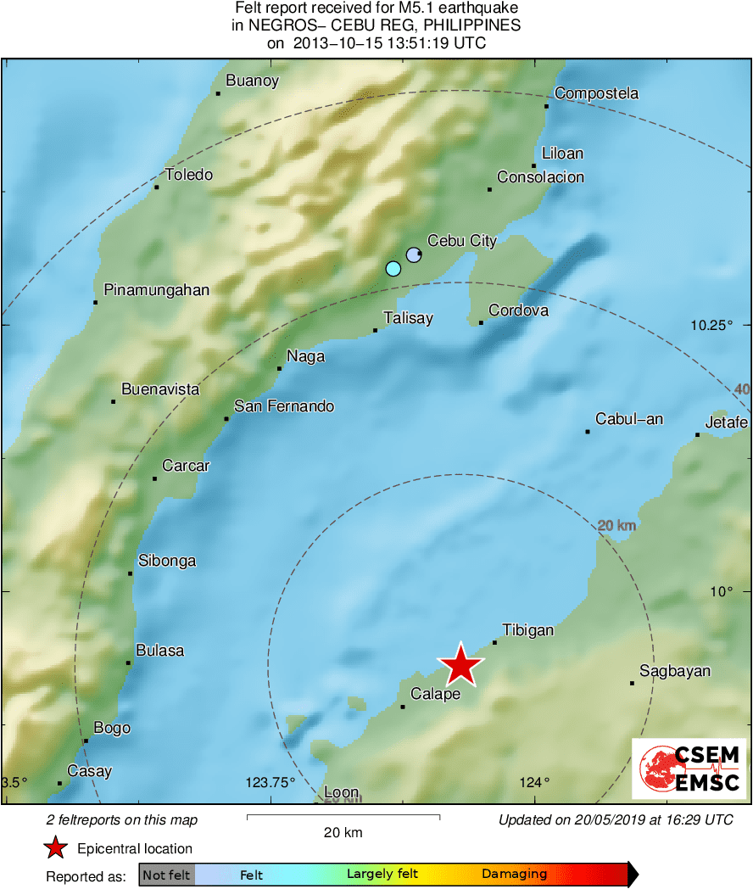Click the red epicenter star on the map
[x=460, y=665]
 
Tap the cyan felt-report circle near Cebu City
[x=393, y=269]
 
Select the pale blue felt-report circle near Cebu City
[x=413, y=254]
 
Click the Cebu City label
[x=461, y=241]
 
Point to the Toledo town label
[x=188, y=175]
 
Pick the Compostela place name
[x=596, y=93]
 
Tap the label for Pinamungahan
[x=156, y=290]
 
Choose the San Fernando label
[x=284, y=406]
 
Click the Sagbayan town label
[x=675, y=671]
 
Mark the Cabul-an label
[x=629, y=419]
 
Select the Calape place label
[x=435, y=694]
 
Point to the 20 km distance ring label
[x=616, y=526]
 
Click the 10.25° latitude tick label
[x=711, y=325]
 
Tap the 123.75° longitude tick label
[x=270, y=782]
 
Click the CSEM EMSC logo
[x=689, y=768]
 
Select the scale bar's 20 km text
[x=343, y=832]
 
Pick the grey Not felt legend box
[x=166, y=875]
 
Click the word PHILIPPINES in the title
[x=471, y=25]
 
